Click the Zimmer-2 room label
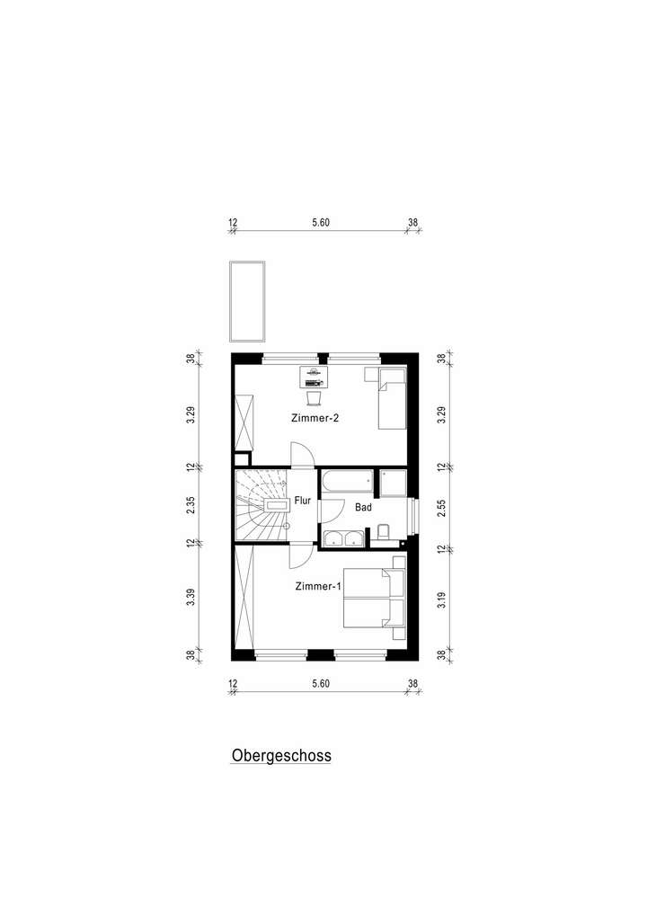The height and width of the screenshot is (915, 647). [x=314, y=419]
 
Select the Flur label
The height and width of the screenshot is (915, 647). [x=303, y=502]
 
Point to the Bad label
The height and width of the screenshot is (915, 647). [x=363, y=507]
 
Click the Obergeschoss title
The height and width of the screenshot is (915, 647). [x=281, y=756]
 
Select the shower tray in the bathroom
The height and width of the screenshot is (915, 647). [x=393, y=483]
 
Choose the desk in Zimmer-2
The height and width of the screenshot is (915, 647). [x=313, y=376]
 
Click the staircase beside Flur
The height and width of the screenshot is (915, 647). [x=261, y=506]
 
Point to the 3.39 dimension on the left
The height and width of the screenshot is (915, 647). [x=191, y=598]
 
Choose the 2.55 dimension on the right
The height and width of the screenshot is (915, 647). [x=439, y=505]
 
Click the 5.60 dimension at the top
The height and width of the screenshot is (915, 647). [x=321, y=223]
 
